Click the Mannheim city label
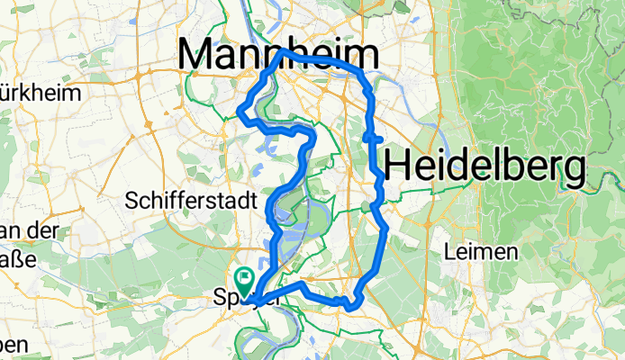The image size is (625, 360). (x=278, y=56)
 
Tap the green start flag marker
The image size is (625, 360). (x=244, y=278)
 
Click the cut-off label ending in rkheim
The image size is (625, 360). (x=41, y=93)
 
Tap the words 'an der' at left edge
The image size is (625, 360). (x=27, y=231)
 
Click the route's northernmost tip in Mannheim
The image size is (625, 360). (x=285, y=51)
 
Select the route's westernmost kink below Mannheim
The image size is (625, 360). (x=240, y=112)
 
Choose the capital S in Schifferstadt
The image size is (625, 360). (x=133, y=198)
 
